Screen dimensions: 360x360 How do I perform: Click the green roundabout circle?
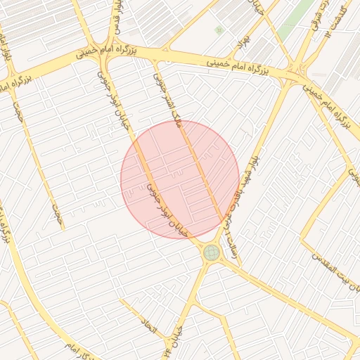[211, 252]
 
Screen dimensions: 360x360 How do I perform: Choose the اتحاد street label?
[150, 323]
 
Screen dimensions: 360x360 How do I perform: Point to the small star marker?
[219, 30]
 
